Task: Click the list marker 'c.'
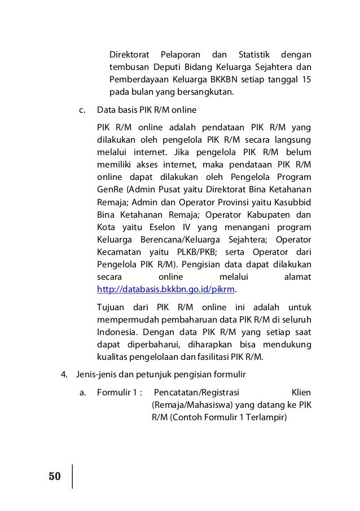pyautogui.click(x=82, y=109)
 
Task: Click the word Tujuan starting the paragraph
pyautogui.click(x=111, y=307)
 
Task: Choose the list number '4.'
pyautogui.click(x=65, y=375)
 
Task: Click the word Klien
pyautogui.click(x=301, y=392)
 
